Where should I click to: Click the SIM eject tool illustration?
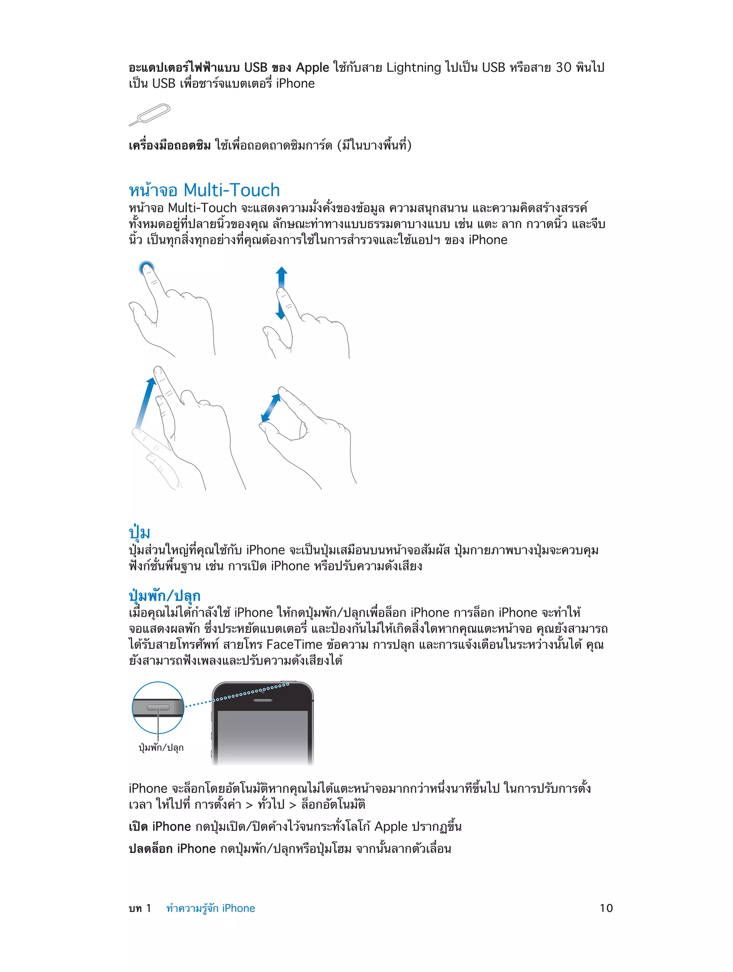149,115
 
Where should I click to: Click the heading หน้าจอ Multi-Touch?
204,190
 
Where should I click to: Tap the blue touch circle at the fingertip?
146,267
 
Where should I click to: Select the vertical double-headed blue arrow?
281,292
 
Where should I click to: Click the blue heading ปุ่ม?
139,532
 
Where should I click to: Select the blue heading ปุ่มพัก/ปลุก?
164,596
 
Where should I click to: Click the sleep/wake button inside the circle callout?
158,707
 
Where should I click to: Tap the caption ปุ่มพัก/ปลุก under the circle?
161,747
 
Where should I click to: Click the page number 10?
606,908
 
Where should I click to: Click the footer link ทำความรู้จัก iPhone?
210,908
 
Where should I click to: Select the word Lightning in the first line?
413,67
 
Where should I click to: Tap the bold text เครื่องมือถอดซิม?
170,145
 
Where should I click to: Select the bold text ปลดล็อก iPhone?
172,848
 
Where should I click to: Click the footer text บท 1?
140,908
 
